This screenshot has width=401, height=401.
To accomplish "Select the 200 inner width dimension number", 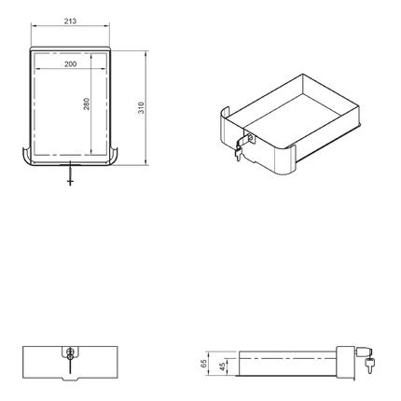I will [x=71, y=64].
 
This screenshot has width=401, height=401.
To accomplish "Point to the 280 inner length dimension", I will [x=87, y=105].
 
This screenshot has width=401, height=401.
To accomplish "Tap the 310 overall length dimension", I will [x=141, y=107].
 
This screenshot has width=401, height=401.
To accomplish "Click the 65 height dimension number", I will [x=204, y=365].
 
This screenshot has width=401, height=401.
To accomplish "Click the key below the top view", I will [x=71, y=175].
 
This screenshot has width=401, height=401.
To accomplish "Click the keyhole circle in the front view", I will [x=71, y=353].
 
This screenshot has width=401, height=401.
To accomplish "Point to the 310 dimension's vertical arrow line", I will [x=146, y=107].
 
